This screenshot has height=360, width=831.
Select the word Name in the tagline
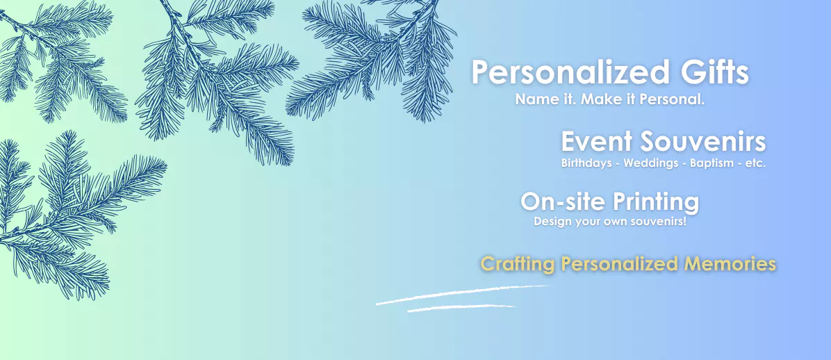tap(531, 99)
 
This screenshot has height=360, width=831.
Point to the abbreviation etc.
tap(755, 164)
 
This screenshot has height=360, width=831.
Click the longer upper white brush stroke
tap(462, 294)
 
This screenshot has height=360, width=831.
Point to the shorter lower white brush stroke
tap(461, 307)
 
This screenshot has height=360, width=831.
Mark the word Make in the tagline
tap(598, 99)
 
